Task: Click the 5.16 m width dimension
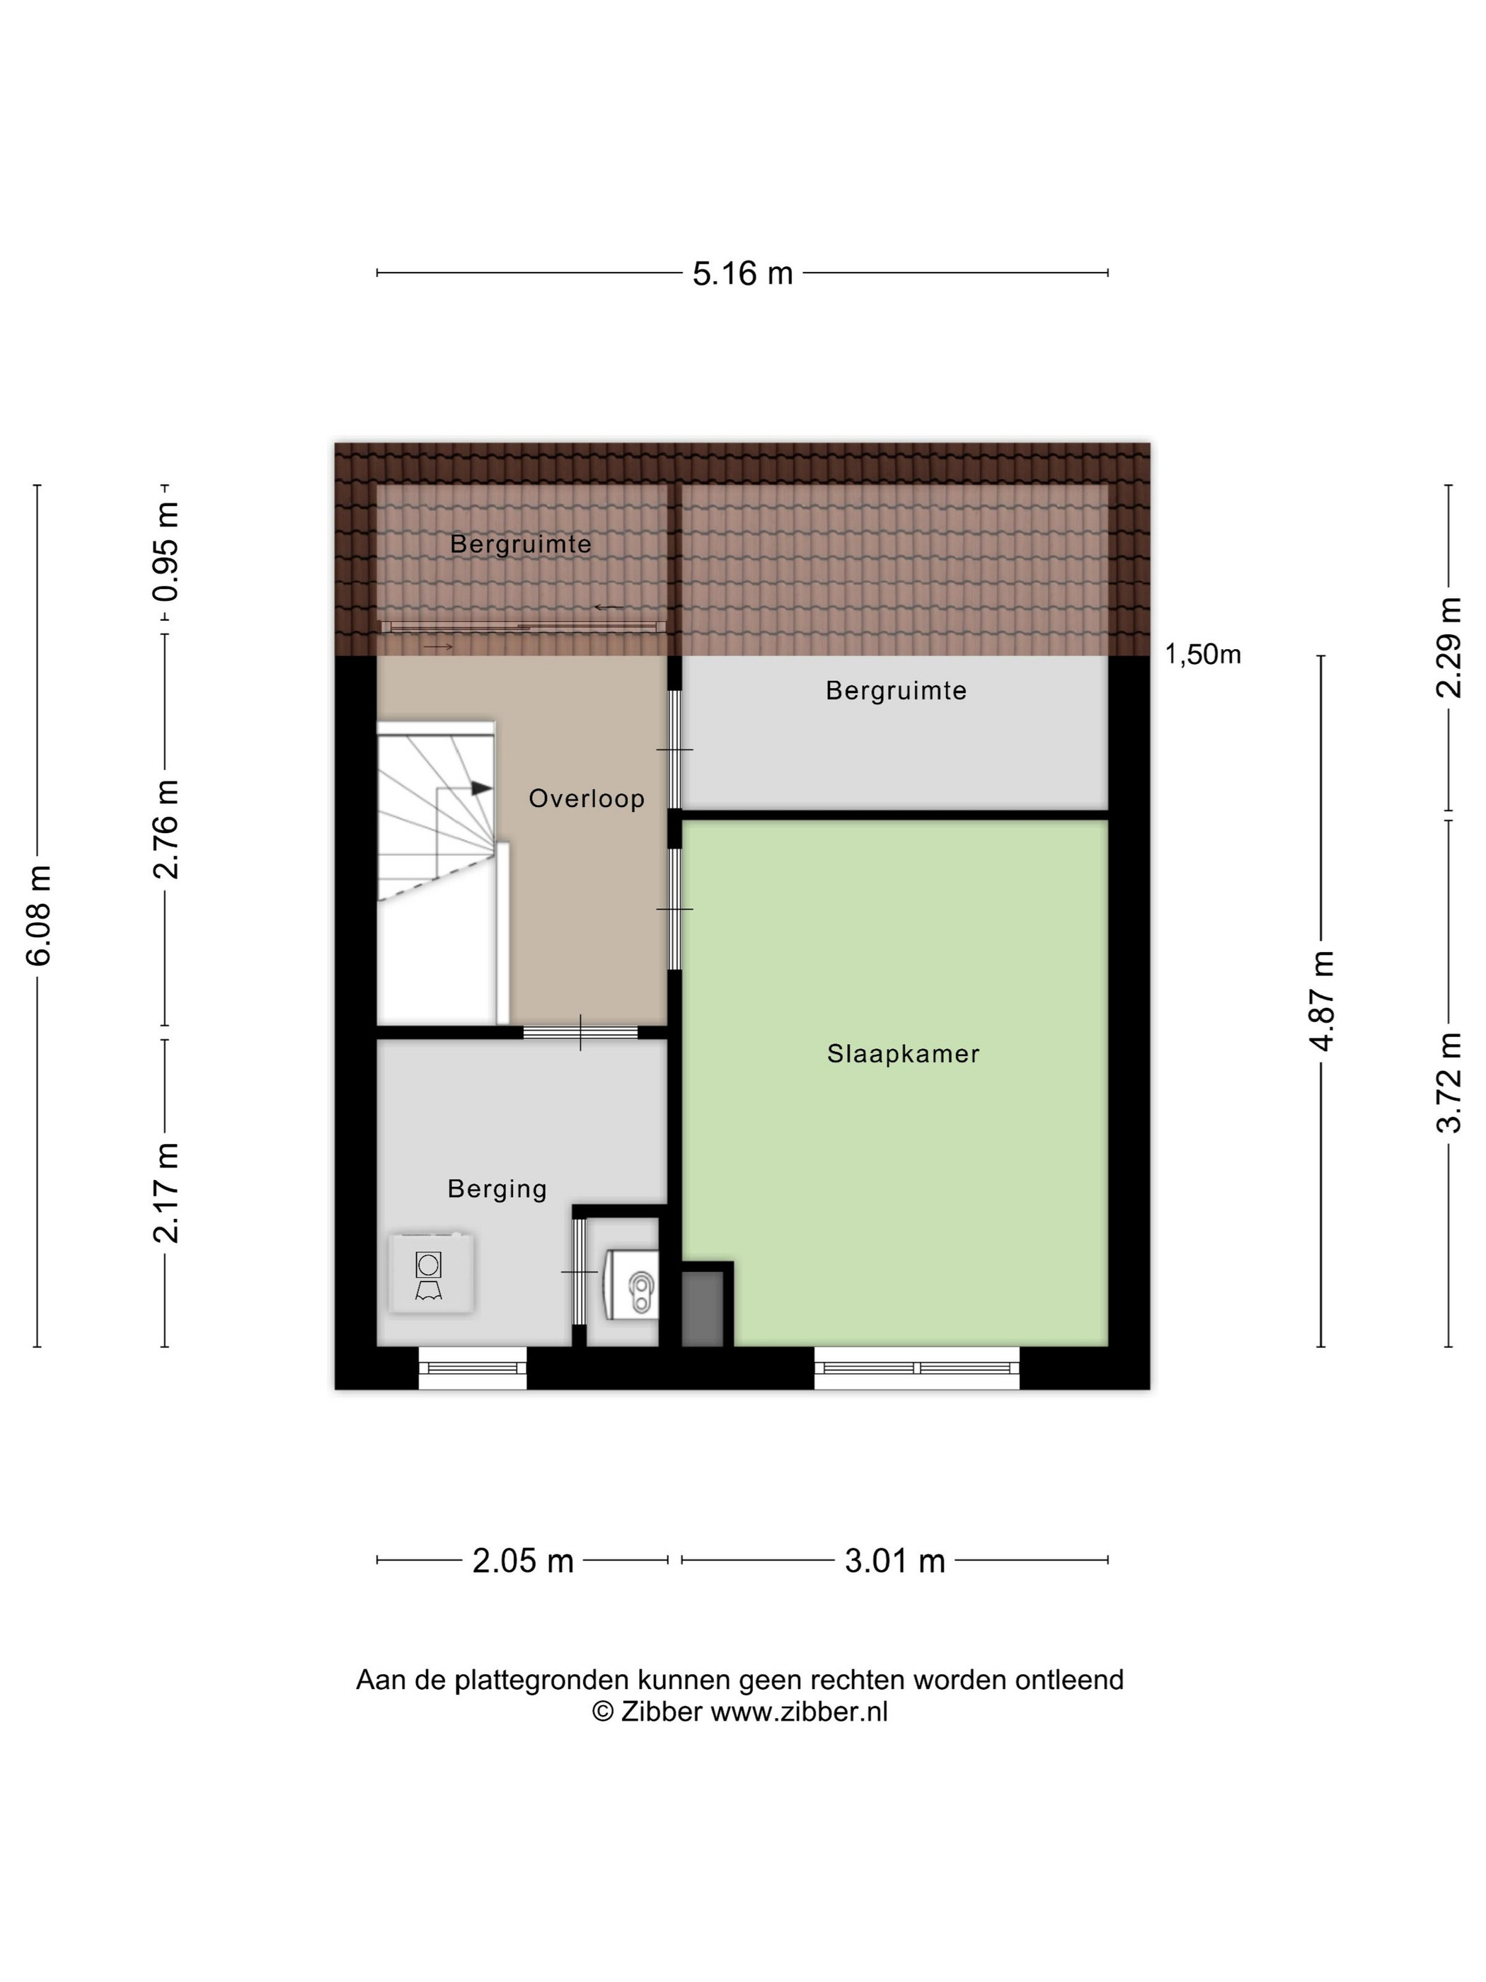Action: point(742,273)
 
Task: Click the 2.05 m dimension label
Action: point(523,1561)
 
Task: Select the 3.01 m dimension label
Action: point(895,1561)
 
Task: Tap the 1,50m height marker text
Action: point(1202,655)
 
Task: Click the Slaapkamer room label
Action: point(903,1054)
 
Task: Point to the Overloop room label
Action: point(587,798)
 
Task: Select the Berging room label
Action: point(497,1189)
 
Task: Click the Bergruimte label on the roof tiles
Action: point(520,544)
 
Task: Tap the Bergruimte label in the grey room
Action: point(896,691)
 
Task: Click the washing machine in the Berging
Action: point(431,1273)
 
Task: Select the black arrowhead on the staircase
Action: point(482,788)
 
